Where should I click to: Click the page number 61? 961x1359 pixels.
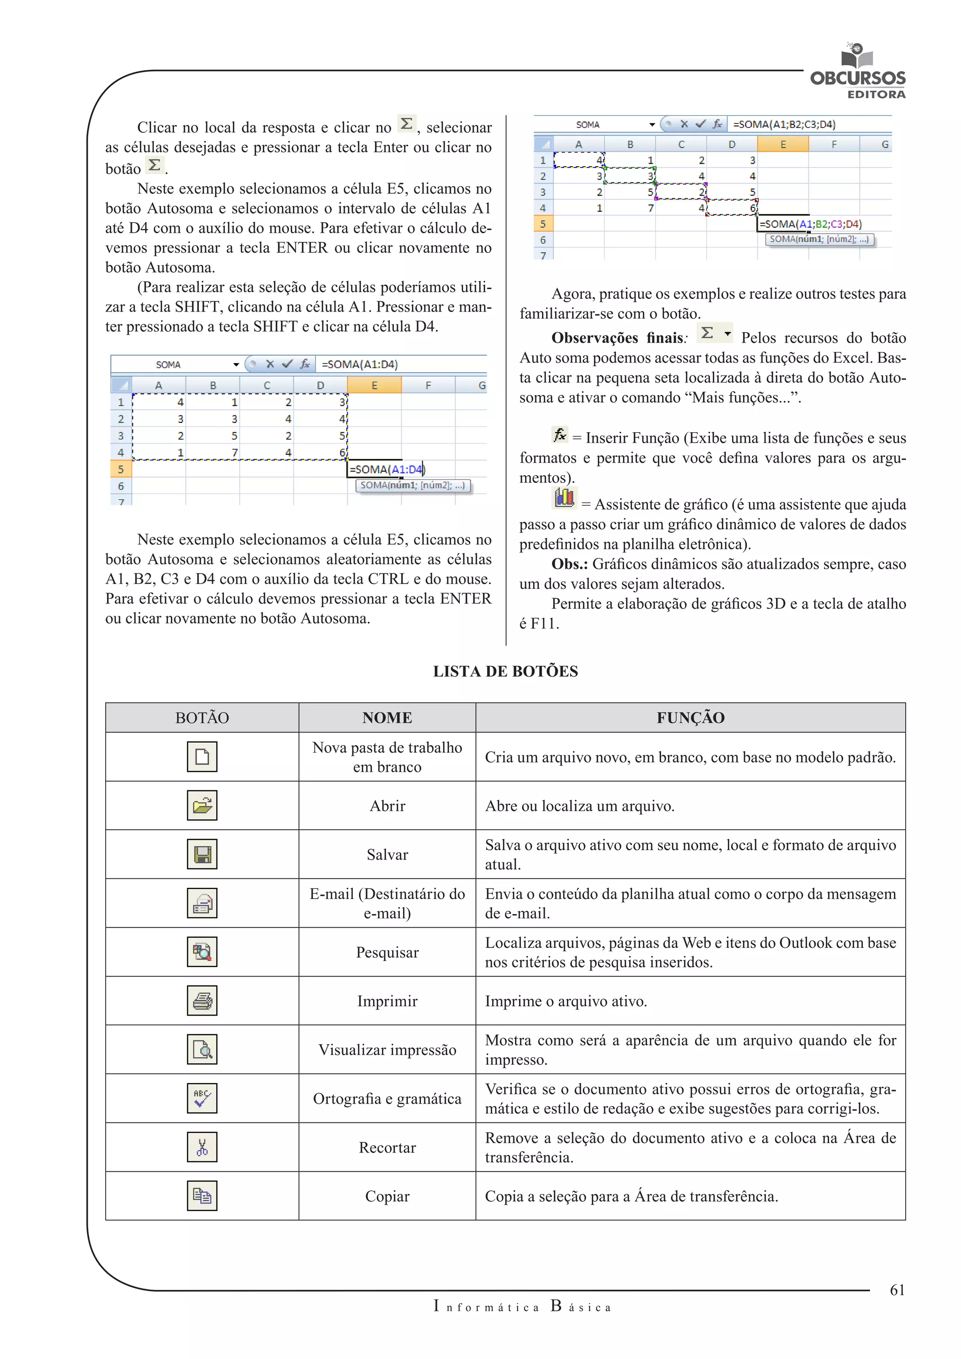tap(897, 1290)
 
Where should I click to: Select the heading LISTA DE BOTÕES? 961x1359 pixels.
tap(505, 671)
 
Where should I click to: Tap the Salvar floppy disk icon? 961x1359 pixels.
tap(202, 854)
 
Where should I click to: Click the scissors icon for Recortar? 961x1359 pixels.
tap(202, 1147)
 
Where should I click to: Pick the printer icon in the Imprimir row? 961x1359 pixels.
tap(202, 1000)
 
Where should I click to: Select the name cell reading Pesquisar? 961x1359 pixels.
tap(387, 952)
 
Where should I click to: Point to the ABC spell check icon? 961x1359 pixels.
tap(202, 1098)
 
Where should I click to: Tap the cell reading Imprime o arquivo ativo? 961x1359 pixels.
tap(566, 1001)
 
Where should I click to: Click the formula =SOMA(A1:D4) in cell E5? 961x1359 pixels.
tap(386, 469)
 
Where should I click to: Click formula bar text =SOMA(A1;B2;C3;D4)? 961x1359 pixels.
tap(784, 124)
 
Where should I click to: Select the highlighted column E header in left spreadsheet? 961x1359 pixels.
tap(374, 385)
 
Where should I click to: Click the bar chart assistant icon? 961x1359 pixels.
tap(564, 498)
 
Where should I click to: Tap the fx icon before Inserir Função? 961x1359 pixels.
tap(559, 435)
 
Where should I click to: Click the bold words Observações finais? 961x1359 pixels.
tap(617, 338)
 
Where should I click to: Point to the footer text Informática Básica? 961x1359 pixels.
tap(522, 1306)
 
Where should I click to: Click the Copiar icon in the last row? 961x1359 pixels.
tap(202, 1196)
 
